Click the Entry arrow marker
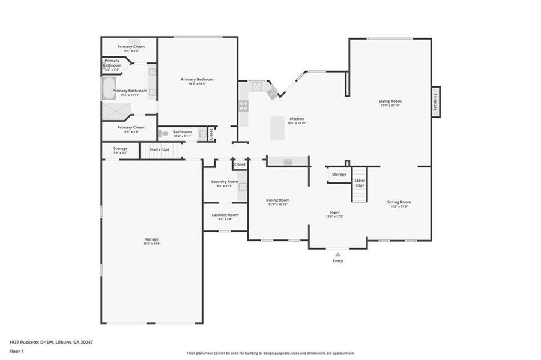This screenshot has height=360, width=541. (x=338, y=254)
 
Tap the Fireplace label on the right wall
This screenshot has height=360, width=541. (x=435, y=100)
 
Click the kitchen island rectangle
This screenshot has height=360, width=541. (x=277, y=128)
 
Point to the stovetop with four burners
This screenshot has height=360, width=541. (x=244, y=106)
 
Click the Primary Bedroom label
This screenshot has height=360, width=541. (x=198, y=79)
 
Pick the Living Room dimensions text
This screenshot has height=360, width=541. (x=390, y=106)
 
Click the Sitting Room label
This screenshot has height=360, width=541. (x=399, y=202)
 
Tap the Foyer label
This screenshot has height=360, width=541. (x=334, y=212)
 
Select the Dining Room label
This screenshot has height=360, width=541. (x=278, y=200)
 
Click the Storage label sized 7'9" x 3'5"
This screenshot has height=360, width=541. (x=120, y=148)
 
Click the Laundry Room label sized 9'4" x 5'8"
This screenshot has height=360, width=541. (x=225, y=215)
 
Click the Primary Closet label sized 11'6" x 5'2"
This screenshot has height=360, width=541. (x=131, y=46)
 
